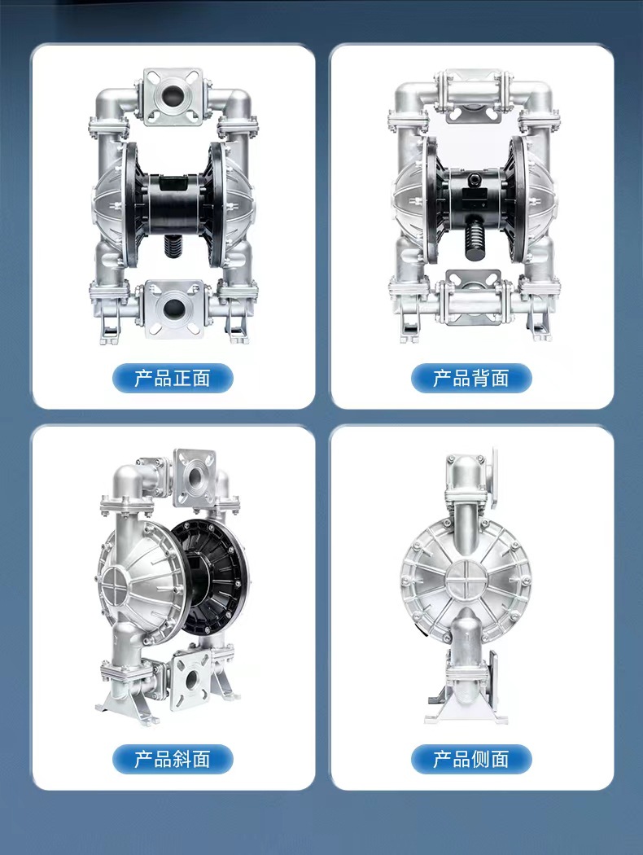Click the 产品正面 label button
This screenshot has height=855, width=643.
coord(173,378)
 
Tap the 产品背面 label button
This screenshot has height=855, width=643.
coord(471,378)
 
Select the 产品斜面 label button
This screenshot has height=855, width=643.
coord(173,759)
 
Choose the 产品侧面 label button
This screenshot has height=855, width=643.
coord(471,759)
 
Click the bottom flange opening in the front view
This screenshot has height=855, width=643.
coord(174,309)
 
